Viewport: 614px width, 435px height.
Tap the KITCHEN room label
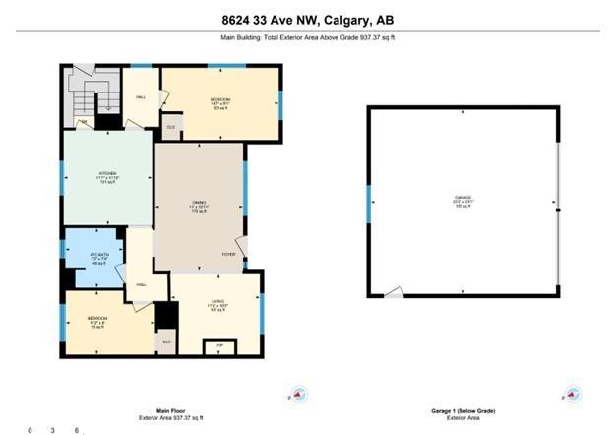(107, 176)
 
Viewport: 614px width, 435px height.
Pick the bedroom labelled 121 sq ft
(219, 102)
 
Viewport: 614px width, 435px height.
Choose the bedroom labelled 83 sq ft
(97, 322)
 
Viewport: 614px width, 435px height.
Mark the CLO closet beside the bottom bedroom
(166, 342)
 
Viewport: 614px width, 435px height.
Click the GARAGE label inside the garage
(462, 201)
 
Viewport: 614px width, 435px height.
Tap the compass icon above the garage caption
(572, 394)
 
